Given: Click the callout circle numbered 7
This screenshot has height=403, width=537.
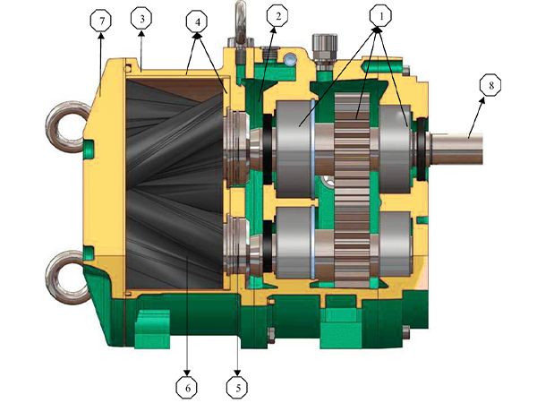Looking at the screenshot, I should [104, 19].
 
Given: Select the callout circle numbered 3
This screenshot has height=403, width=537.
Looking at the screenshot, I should [141, 19].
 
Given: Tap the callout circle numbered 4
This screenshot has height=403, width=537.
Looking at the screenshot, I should [194, 19].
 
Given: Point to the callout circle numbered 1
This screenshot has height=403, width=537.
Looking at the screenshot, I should [380, 15].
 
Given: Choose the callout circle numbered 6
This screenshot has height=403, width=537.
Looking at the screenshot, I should [186, 387].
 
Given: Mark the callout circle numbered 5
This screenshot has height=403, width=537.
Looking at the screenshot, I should [237, 387].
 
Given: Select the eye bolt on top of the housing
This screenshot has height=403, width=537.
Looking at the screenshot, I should [241, 22].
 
